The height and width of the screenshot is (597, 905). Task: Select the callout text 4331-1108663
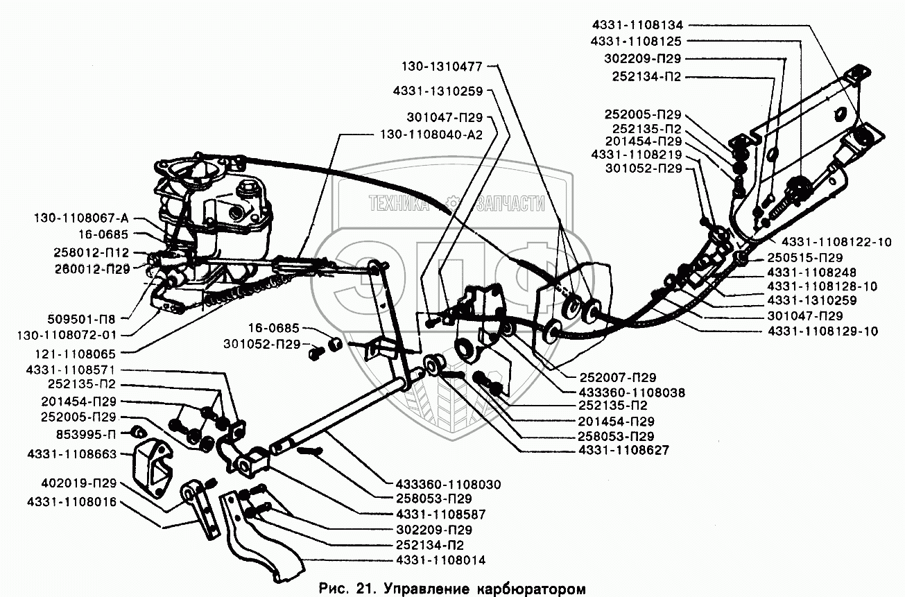click(74, 453)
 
